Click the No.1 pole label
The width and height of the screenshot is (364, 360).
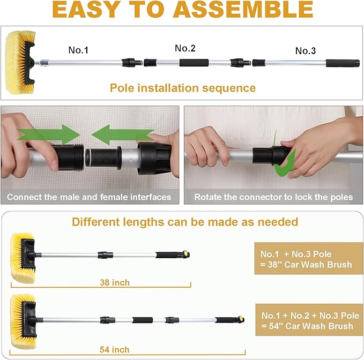78,50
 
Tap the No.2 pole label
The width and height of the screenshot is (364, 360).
185,48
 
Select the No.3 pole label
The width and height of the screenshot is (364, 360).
306,51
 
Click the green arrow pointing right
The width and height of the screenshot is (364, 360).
49,134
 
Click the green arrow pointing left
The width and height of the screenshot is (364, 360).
123,134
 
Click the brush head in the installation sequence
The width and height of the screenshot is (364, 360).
20,63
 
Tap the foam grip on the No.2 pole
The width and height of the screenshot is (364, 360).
194,63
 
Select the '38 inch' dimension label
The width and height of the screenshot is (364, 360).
115,282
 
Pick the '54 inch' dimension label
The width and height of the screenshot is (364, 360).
114,350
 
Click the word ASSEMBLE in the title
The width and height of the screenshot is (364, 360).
243,10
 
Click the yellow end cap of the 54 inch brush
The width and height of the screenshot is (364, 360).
241,319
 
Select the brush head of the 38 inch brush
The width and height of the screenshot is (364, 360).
23,258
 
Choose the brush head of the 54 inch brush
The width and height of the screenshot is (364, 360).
23,321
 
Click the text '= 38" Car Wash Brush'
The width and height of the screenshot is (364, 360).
306,265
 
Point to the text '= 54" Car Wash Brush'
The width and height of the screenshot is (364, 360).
307,326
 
